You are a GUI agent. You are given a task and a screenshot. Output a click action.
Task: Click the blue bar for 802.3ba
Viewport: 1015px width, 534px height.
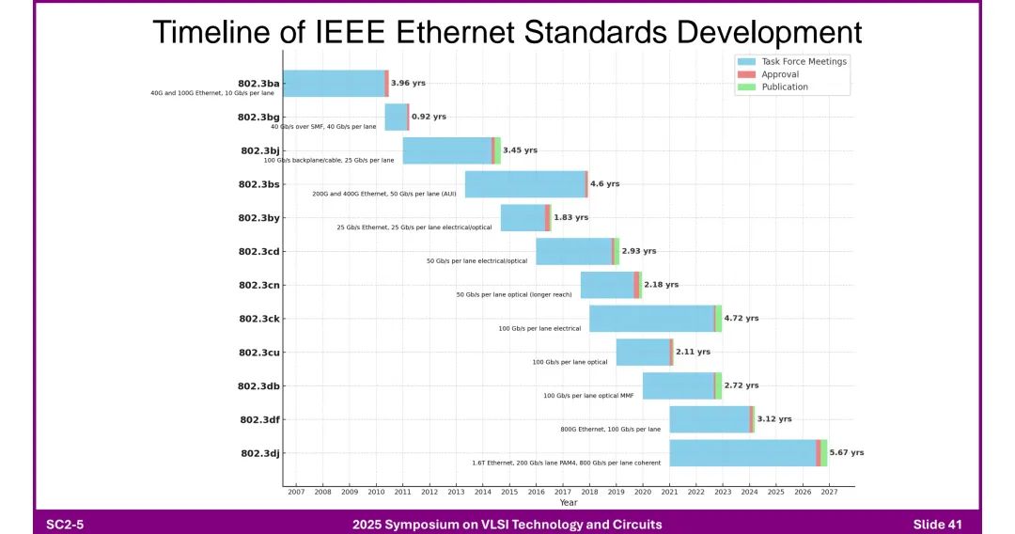click(x=334, y=84)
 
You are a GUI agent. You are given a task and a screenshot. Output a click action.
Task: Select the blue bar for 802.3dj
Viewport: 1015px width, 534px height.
click(x=742, y=453)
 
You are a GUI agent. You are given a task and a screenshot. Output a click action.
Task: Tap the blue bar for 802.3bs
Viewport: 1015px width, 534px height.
click(x=525, y=184)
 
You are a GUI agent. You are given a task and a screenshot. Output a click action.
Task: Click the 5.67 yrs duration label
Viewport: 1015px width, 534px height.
click(x=846, y=453)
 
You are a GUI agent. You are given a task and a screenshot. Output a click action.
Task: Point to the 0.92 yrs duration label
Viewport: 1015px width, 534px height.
click(x=429, y=117)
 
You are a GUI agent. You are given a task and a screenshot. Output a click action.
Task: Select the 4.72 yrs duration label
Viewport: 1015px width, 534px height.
click(x=741, y=319)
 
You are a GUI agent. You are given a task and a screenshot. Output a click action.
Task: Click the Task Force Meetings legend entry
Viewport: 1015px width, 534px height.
click(x=804, y=62)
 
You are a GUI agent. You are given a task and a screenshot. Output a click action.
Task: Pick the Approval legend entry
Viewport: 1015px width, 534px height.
click(x=780, y=74)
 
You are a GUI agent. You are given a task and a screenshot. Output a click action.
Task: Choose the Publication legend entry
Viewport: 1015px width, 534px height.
click(x=784, y=87)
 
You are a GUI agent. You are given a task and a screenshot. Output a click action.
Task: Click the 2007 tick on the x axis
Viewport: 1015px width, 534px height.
click(x=296, y=492)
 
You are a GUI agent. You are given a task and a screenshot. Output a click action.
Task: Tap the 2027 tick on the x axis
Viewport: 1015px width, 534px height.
click(x=829, y=492)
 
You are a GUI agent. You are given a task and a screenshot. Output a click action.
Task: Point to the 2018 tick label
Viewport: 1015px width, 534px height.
click(x=589, y=492)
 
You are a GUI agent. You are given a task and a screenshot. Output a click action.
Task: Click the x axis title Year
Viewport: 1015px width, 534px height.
click(x=569, y=503)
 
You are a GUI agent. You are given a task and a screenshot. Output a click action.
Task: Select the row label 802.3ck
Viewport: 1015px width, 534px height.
click(x=259, y=319)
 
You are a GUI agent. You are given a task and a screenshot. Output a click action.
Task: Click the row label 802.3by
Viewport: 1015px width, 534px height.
click(x=259, y=218)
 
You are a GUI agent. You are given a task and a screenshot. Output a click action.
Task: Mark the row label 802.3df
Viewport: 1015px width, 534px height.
click(x=259, y=419)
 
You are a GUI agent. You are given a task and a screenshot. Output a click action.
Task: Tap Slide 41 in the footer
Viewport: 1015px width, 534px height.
click(x=937, y=525)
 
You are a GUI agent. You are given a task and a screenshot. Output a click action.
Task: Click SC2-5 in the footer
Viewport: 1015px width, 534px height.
click(x=65, y=525)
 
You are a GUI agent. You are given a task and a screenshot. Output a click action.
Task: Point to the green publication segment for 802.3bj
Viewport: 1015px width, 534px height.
click(x=497, y=150)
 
